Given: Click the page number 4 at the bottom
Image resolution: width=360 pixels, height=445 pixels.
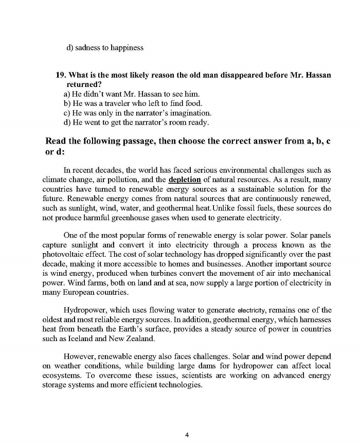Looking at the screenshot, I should pos(187,435).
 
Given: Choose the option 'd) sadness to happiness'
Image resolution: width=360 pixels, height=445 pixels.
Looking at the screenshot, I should pos(105,48).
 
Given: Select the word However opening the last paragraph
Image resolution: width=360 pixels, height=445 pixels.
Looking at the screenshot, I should pos(80,356).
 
